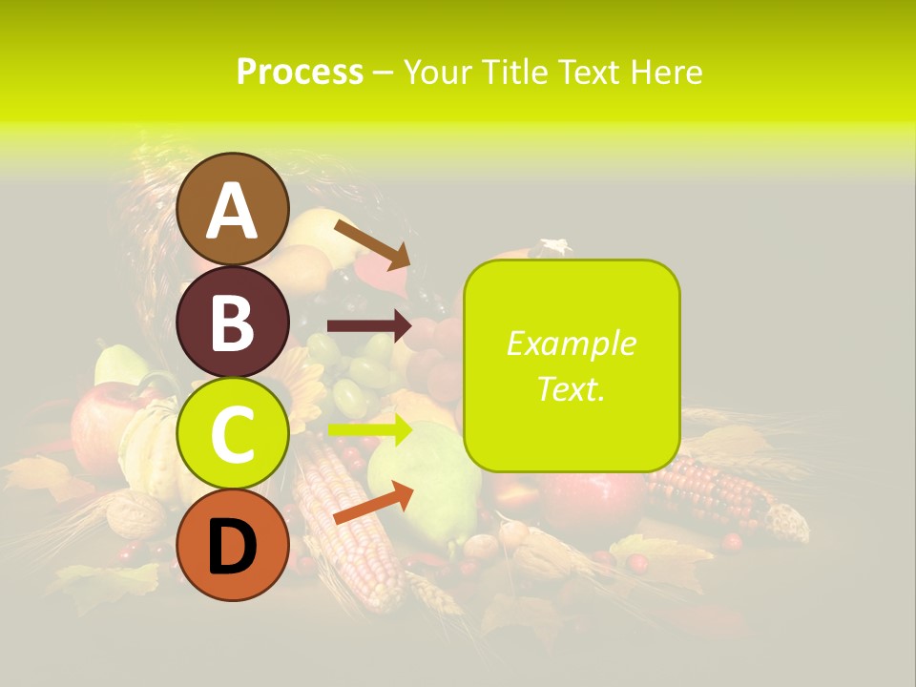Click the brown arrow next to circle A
pos(371,243)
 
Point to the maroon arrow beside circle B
pos(368,326)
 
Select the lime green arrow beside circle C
pos(368,430)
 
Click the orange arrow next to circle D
pos(372,503)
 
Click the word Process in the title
pos(300,72)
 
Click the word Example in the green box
pos(571,343)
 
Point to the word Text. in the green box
pos(571,388)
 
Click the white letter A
pos(232,212)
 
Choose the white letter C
pos(232,434)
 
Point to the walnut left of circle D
pos(135,517)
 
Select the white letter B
pos(232,323)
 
